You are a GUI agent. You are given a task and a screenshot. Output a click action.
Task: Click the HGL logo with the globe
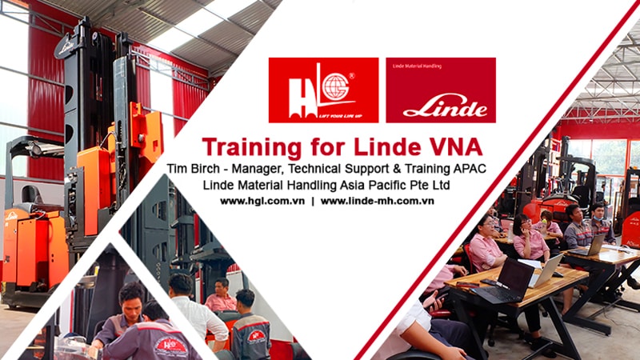click(x=323, y=90)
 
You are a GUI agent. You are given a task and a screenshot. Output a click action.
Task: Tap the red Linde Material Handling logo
click(x=441, y=90)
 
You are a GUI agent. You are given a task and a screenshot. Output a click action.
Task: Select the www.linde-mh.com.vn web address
click(x=377, y=201)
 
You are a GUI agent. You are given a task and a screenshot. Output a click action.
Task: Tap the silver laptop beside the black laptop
click(x=548, y=270)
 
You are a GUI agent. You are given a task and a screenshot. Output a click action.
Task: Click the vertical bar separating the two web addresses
click(x=313, y=201)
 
